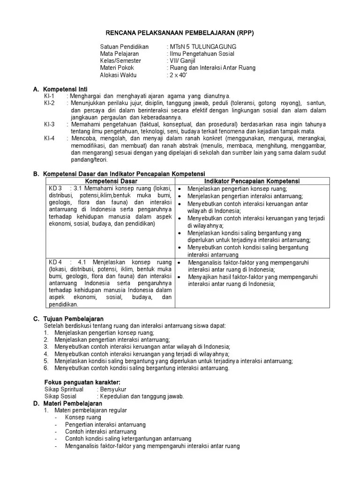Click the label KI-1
coord(49,96)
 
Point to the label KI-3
coord(49,124)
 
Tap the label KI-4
coord(49,139)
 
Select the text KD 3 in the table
coord(56,188)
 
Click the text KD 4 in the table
coord(56,262)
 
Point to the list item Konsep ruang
coord(83,418)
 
